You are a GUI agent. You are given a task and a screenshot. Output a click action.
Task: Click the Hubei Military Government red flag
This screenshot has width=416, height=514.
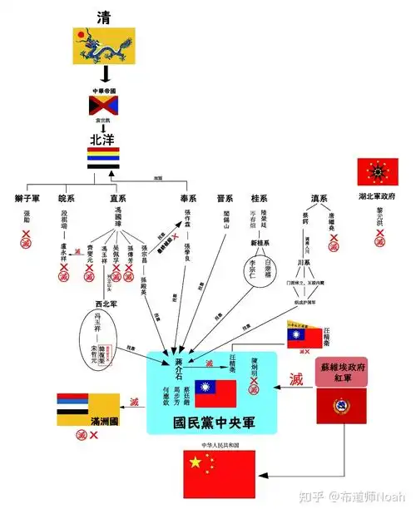tap(378, 172)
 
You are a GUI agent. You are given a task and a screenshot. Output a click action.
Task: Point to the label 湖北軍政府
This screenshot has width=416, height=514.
tap(378, 196)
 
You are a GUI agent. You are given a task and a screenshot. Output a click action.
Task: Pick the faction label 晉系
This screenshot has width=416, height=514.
tap(225, 199)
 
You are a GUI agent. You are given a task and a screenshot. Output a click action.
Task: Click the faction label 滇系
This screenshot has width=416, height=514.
tap(319, 199)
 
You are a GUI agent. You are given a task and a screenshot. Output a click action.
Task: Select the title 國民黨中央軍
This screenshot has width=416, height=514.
tap(215, 420)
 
